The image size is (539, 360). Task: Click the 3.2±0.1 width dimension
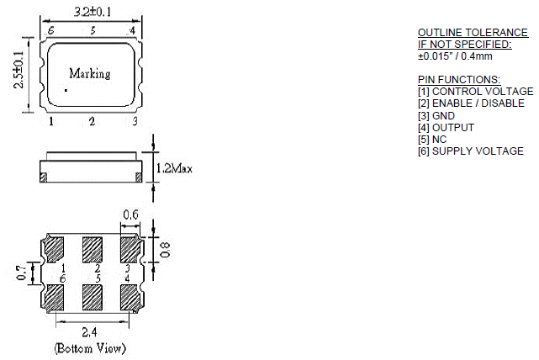pyautogui.click(x=92, y=13)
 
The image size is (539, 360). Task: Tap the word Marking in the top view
pyautogui.click(x=89, y=73)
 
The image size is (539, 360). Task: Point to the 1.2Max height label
pyautogui.click(x=175, y=169)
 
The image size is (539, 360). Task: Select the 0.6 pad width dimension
pyautogui.click(x=131, y=215)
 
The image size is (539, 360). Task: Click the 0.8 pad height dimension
pyautogui.click(x=165, y=249)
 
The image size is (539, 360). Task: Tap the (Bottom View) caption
pyautogui.click(x=90, y=347)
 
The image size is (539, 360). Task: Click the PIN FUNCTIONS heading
pyautogui.click(x=458, y=79)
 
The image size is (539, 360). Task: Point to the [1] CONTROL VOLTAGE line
pyautogui.click(x=475, y=91)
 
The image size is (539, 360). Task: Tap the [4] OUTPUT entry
pyautogui.click(x=446, y=127)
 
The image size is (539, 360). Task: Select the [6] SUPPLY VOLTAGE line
pyautogui.click(x=470, y=151)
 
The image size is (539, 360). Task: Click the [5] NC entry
pyautogui.click(x=433, y=140)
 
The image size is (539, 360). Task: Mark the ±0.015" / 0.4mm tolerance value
pyautogui.click(x=455, y=56)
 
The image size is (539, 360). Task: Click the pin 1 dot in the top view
pyautogui.click(x=66, y=90)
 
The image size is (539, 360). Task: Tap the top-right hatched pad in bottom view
pyautogui.click(x=130, y=250)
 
